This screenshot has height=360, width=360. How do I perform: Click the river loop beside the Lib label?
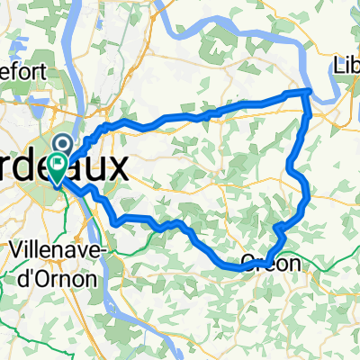click(329, 81)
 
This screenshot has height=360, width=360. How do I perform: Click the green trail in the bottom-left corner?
click(18, 342)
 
